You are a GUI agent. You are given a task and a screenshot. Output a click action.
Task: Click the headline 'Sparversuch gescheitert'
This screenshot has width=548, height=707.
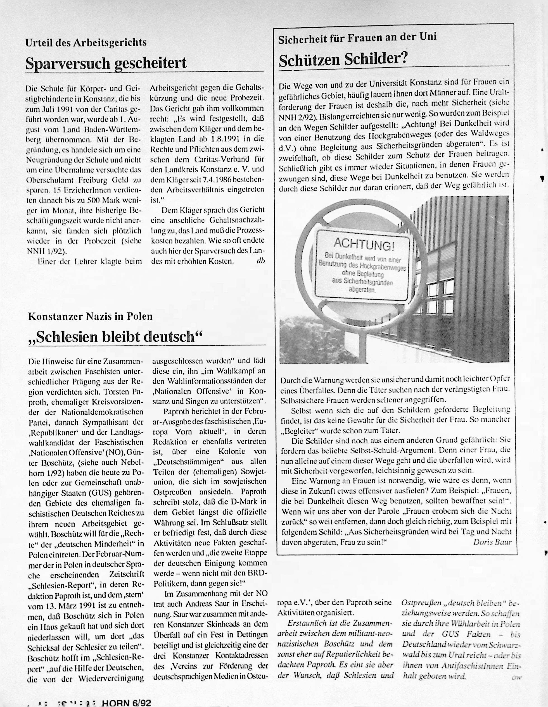tap(106, 63)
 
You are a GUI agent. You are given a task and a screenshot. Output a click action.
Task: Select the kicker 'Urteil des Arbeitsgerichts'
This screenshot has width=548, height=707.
tap(86, 42)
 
